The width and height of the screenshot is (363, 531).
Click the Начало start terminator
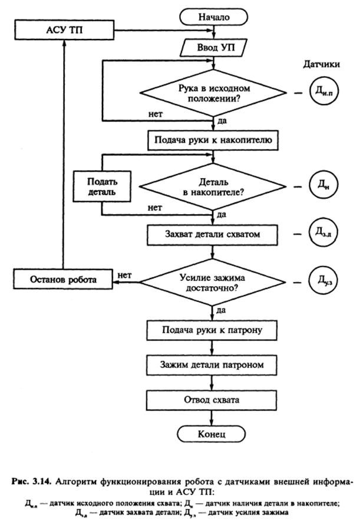pyautogui.click(x=213, y=17)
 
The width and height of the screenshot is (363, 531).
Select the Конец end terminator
pyautogui.click(x=212, y=434)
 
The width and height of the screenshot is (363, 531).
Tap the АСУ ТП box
pyautogui.click(x=64, y=30)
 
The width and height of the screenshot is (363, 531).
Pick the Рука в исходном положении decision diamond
pyautogui.click(x=213, y=93)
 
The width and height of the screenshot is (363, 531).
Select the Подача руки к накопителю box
pyautogui.click(x=213, y=140)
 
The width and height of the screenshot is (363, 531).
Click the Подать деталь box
pyautogui.click(x=102, y=186)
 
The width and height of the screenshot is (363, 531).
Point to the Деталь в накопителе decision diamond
pyautogui.click(x=213, y=187)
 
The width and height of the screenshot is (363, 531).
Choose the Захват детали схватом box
pyautogui.click(x=213, y=235)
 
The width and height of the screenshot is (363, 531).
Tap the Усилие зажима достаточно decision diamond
pyautogui.click(x=213, y=283)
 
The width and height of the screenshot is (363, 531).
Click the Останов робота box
pyautogui.click(x=63, y=280)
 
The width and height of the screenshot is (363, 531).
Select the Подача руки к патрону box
pyautogui.click(x=212, y=330)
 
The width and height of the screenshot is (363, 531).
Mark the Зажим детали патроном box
pyautogui.click(x=212, y=365)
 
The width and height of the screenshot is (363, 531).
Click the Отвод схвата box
pyautogui.click(x=212, y=400)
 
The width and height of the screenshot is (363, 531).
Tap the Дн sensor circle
pyautogui.click(x=324, y=185)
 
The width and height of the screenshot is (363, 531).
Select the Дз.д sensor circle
pyautogui.click(x=323, y=232)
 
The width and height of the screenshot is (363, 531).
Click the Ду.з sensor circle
pyautogui.click(x=323, y=280)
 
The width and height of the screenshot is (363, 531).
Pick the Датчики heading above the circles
pyautogui.click(x=321, y=64)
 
